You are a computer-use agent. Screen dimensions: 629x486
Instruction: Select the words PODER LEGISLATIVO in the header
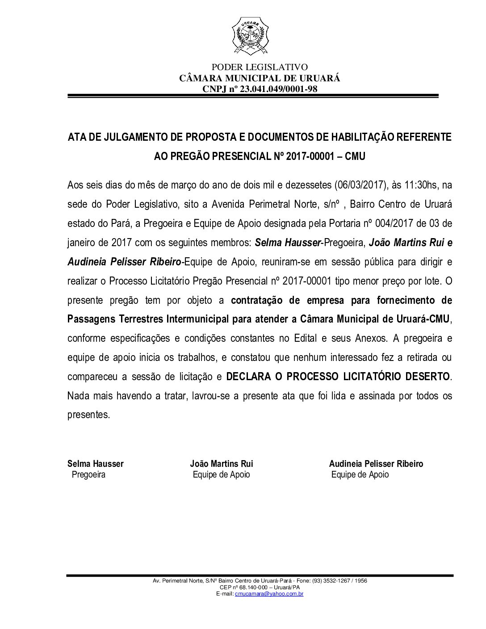point(260,67)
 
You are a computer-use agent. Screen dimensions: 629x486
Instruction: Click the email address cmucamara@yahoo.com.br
point(269,594)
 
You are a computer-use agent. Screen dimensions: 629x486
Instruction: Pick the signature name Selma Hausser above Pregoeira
point(96,464)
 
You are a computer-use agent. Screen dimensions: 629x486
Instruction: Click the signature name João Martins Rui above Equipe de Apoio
point(222,464)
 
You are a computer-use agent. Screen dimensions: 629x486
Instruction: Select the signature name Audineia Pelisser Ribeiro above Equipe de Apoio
point(376,464)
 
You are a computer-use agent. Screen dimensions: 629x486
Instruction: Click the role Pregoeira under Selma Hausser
point(88,474)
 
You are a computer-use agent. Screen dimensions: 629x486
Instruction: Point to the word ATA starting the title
point(75,137)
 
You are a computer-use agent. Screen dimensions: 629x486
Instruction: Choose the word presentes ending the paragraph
point(88,415)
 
